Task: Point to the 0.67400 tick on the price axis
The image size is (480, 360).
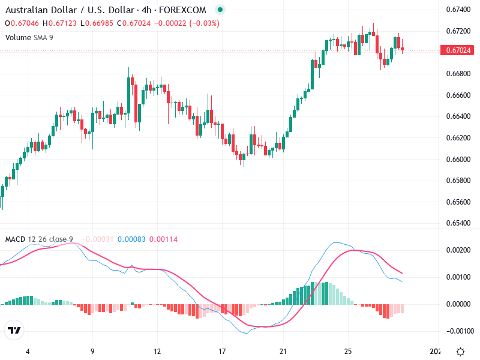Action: pos(458,9)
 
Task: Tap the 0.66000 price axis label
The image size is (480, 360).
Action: pos(458,159)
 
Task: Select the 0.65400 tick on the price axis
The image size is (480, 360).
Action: pos(458,223)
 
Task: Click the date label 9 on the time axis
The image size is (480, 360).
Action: pos(92,351)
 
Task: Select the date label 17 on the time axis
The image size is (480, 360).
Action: pos(222,351)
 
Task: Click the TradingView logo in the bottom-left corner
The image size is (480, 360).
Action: pos(14,331)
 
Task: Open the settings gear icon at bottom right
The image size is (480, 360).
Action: pos(460,351)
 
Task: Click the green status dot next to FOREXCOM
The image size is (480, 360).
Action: pos(220,10)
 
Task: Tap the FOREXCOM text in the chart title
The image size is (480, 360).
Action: pos(186,10)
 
